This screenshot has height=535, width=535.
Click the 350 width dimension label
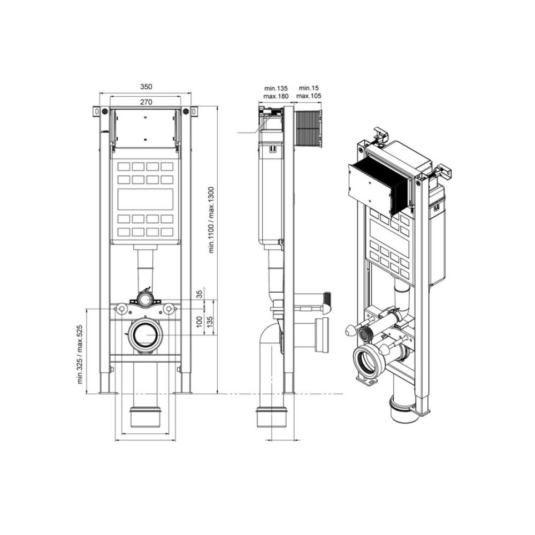(x=146, y=87)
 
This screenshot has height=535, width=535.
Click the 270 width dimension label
(x=146, y=102)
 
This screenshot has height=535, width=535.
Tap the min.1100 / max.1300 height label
(x=211, y=220)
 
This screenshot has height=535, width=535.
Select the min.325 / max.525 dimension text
(x=81, y=354)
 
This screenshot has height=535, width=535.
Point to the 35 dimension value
(x=200, y=293)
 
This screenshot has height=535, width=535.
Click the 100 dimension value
(x=200, y=322)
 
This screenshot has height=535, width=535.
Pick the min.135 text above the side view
(x=276, y=88)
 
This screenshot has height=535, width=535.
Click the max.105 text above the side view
(x=309, y=96)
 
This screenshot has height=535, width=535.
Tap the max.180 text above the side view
(x=276, y=96)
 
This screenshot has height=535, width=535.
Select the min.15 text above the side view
(x=309, y=88)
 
